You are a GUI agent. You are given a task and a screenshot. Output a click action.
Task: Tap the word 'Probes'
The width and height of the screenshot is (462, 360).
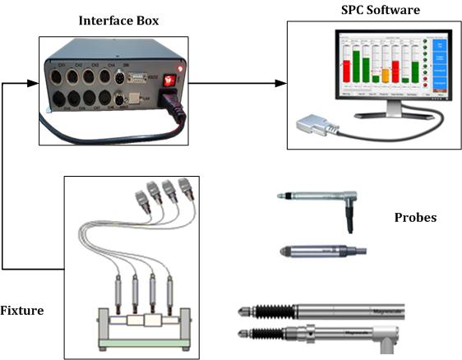(416, 218)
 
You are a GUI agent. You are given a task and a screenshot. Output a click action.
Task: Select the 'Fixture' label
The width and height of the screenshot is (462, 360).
(22, 311)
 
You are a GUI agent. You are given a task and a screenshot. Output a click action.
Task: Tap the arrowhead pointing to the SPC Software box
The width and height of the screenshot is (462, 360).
(281, 82)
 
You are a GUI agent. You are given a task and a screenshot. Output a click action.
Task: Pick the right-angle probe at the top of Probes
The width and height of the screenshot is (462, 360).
(321, 198)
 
